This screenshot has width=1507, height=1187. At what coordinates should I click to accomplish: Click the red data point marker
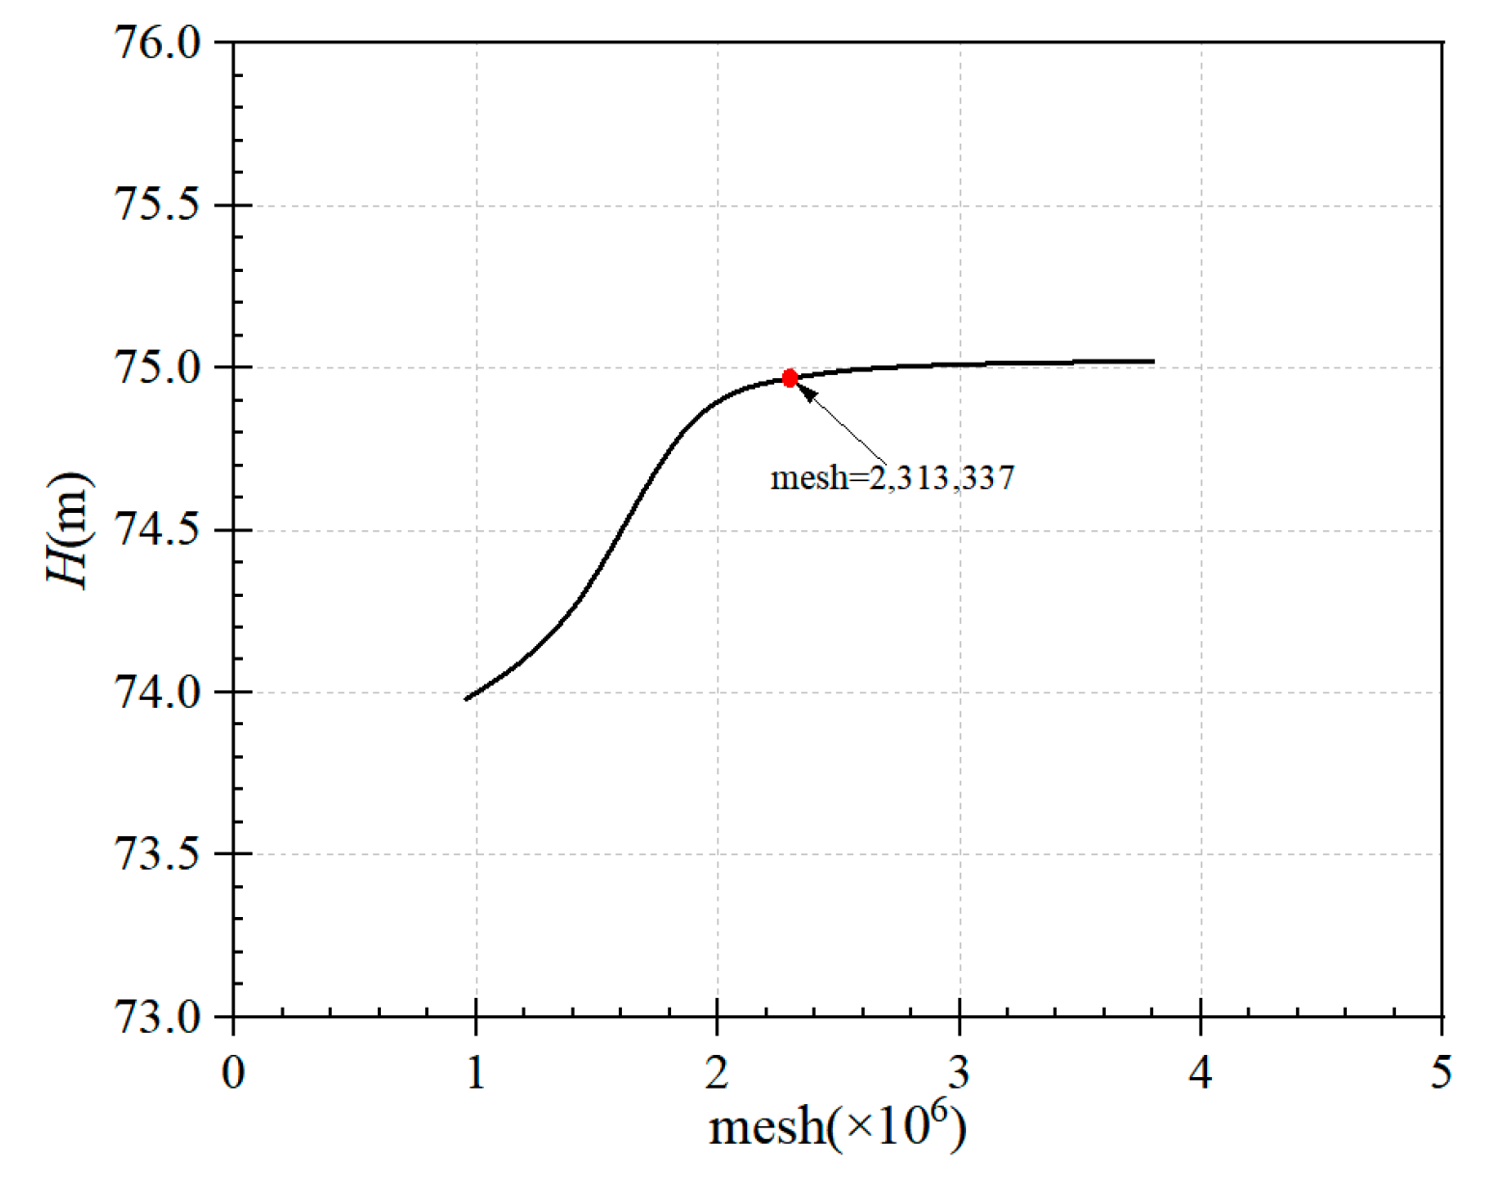[790, 378]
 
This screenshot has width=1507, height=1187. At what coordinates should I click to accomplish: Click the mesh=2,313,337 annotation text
[892, 477]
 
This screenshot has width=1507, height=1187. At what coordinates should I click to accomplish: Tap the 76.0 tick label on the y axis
[157, 43]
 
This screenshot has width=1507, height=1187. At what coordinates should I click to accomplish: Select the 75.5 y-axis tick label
[157, 205]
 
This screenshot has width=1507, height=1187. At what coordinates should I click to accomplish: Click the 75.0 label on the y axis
[157, 367]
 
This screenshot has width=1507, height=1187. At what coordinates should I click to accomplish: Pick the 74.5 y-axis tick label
[157, 530]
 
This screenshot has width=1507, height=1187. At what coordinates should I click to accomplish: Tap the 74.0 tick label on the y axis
[157, 692]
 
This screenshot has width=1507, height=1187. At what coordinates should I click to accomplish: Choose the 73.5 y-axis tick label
[157, 854]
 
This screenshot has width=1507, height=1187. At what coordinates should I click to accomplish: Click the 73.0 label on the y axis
[157, 1016]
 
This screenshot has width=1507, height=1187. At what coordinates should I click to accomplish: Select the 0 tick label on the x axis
[233, 1072]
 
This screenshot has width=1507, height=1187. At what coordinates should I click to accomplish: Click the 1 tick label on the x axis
[475, 1072]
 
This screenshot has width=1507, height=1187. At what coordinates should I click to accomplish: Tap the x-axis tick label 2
[716, 1072]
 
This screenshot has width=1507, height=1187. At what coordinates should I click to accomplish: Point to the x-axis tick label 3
[959, 1072]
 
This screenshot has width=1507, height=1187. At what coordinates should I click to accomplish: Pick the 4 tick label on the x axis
[1200, 1072]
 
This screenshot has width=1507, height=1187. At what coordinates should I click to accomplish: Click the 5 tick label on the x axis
[1441, 1072]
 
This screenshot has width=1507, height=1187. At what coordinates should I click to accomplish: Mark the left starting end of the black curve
[466, 699]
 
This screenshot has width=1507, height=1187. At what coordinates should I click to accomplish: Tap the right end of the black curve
[1153, 362]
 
